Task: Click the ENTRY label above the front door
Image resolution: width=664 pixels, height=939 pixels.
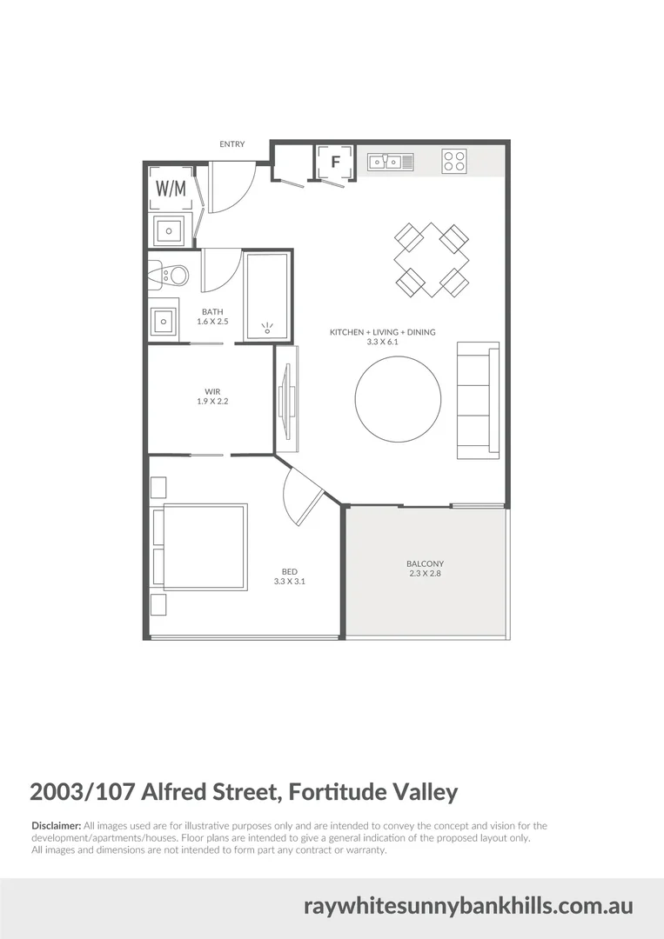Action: (232, 144)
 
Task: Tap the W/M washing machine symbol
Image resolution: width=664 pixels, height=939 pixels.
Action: (171, 188)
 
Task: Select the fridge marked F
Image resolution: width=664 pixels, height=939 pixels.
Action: (334, 162)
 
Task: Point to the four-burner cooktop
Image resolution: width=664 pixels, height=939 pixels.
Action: (453, 161)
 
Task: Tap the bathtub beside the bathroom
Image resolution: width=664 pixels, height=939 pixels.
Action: (266, 296)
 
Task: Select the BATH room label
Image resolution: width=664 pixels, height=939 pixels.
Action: (213, 311)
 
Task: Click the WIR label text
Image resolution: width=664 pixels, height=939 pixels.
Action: (211, 391)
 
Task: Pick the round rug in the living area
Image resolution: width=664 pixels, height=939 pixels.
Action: (397, 400)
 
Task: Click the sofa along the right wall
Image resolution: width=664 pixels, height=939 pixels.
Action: (478, 400)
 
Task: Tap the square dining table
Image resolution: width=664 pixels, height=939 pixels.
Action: (432, 259)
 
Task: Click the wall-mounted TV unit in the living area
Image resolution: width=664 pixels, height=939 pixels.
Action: (286, 399)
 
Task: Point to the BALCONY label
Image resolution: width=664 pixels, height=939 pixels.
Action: (425, 563)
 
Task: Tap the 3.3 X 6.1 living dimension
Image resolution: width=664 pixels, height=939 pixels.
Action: (382, 343)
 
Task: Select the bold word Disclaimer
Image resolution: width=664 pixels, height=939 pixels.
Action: (56, 825)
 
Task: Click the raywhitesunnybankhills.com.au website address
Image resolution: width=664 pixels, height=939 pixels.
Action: (468, 906)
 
